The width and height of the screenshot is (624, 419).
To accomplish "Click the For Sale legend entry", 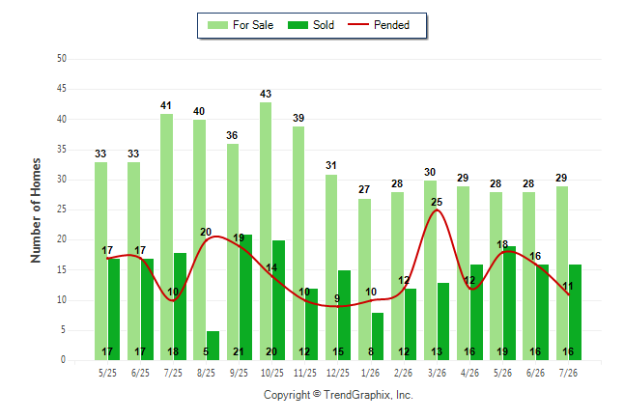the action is point(241,25).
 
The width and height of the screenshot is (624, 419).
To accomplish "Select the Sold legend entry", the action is point(311,25).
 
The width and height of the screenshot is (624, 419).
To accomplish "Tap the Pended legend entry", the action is point(379,25).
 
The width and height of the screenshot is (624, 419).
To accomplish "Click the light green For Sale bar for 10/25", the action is point(266,231).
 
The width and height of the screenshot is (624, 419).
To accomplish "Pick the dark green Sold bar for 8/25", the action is point(213,346).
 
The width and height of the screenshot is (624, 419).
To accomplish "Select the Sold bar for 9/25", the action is point(245,297).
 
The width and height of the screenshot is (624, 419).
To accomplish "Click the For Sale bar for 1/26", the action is point(364,280).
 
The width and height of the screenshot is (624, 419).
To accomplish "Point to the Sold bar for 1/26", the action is point(378,337).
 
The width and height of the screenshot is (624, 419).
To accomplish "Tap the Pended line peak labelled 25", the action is point(437,209).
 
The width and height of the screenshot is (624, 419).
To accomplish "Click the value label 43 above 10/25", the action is point(266,94).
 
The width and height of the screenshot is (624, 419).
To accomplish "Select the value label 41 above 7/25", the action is point(166,105).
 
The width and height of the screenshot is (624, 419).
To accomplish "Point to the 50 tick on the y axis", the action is point(61,59).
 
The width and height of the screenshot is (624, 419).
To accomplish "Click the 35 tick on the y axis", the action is point(61,150).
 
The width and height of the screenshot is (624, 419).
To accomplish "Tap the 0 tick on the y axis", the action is point(63,360).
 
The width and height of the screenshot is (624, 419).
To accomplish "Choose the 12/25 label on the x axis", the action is point(337,373).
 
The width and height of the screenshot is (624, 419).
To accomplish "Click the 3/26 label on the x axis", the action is point(437,373).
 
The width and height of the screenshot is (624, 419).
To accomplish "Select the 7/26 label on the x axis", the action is point(568,373).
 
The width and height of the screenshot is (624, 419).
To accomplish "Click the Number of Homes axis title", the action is point(36,210).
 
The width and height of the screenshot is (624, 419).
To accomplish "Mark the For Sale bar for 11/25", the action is point(298,243).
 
